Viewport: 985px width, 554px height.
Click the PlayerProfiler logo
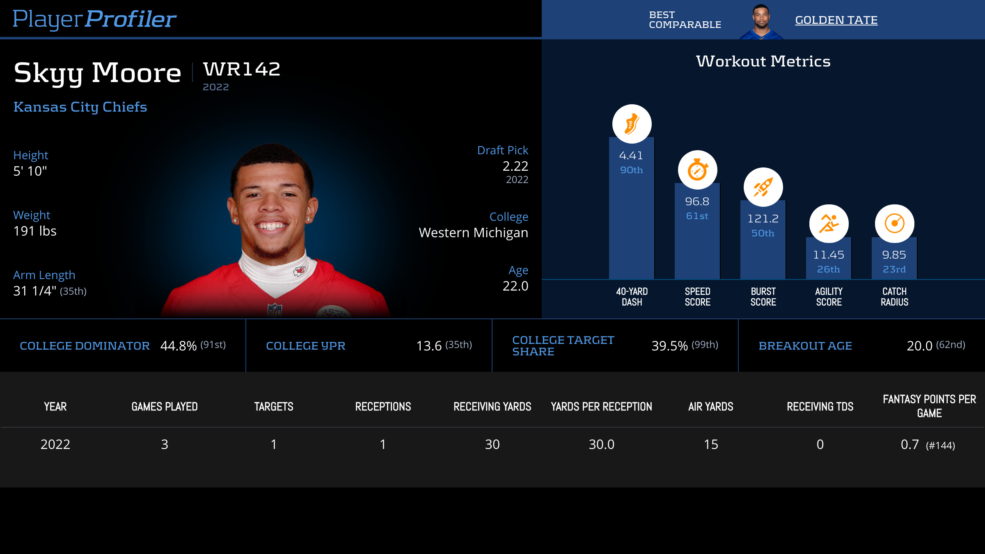(94, 19)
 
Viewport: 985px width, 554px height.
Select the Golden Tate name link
(836, 20)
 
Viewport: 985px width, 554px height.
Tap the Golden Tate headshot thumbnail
(761, 21)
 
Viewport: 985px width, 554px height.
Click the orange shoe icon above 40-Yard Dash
(632, 124)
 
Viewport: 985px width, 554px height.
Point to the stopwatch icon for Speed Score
(697, 170)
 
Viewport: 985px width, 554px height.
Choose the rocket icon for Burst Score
(763, 187)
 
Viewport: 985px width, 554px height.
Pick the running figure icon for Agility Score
(829, 224)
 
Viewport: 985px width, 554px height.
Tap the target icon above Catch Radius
(894, 224)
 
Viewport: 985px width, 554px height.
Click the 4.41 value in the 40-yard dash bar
(631, 156)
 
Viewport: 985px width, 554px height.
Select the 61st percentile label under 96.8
(697, 216)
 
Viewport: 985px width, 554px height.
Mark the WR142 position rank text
(242, 69)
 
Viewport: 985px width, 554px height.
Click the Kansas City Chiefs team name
(80, 107)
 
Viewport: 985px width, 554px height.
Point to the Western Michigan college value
(473, 233)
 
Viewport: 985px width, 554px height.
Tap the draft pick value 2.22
(515, 166)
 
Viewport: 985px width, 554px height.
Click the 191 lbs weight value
(35, 231)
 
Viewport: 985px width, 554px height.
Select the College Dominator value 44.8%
(179, 346)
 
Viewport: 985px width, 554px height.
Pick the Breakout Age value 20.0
(919, 346)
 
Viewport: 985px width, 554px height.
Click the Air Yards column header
(710, 407)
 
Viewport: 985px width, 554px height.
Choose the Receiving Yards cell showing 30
(492, 444)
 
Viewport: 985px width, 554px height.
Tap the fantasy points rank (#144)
(940, 445)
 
